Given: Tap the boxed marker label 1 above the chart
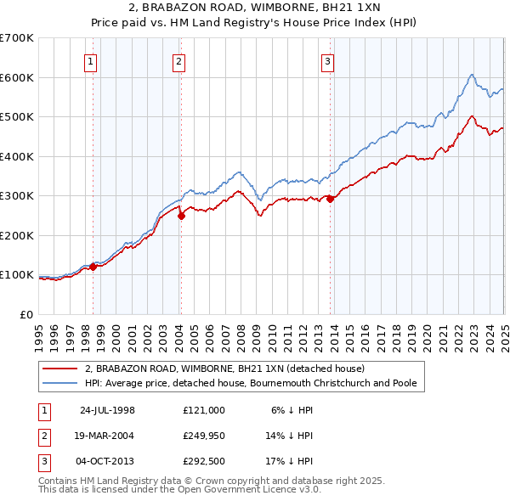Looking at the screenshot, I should point(90,60).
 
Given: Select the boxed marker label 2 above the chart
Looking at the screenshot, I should point(179,60).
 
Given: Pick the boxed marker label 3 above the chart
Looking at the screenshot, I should point(327,60).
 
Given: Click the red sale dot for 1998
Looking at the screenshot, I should point(93,267).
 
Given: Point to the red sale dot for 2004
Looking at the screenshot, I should point(181,216).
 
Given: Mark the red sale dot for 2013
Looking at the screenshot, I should point(330,199).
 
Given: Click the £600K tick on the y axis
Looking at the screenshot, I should point(17,77).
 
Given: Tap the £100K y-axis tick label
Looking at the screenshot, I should point(17,275).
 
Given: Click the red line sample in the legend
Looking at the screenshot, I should point(61,369).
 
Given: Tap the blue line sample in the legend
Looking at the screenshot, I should point(61,384).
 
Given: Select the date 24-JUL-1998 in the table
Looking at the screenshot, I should point(107,409).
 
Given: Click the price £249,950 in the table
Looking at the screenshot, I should point(203,436).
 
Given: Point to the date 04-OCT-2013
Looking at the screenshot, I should point(107,464).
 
